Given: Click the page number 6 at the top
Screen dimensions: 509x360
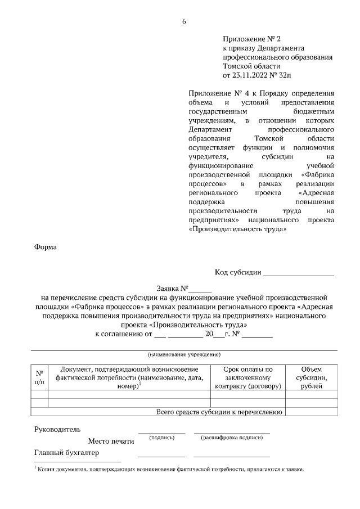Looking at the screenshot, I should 183,22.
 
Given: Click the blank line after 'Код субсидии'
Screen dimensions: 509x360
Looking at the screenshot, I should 299,273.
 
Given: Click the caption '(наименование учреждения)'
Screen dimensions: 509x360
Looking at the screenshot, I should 184,355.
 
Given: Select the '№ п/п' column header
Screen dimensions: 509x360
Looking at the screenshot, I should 39,377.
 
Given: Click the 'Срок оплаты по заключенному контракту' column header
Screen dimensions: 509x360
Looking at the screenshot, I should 247,378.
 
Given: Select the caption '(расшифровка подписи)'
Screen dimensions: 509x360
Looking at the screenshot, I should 232,438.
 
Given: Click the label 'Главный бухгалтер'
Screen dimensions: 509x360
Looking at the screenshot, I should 66,453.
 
